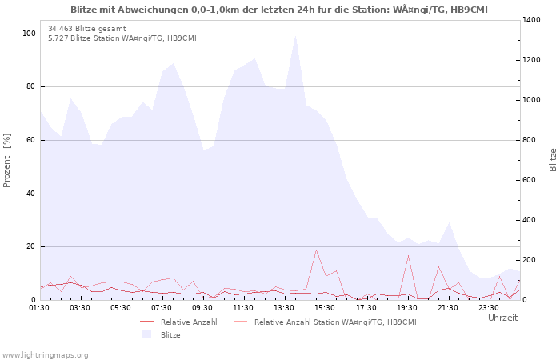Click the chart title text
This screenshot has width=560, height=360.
pos(279,10)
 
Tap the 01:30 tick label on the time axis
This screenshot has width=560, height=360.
pos(39,308)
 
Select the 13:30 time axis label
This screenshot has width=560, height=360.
pos(284,308)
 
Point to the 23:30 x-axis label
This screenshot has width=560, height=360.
pos(489,308)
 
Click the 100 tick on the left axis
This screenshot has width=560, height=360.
pos(29,34)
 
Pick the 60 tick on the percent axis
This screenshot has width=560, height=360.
pos(31,140)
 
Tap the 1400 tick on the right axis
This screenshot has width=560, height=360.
pos(531,20)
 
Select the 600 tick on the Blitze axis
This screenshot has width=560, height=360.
pos(530,180)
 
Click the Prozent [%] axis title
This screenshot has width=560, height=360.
pos(6,160)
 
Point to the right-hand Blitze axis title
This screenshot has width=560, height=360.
pos(553,160)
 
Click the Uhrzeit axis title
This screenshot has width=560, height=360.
pos(503,318)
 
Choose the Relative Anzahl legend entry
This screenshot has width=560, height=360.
pos(178,322)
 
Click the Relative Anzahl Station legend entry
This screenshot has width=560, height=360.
pos(325,322)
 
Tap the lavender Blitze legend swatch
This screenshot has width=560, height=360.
pos(146,334)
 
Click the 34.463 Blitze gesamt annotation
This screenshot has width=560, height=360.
pos(87,29)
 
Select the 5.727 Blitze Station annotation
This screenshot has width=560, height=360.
pos(122,38)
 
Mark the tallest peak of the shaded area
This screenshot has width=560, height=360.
pos(295,36)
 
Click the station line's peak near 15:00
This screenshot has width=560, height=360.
pos(316,250)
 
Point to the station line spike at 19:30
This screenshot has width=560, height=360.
pos(408,256)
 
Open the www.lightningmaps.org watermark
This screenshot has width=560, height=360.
pos(45,355)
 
